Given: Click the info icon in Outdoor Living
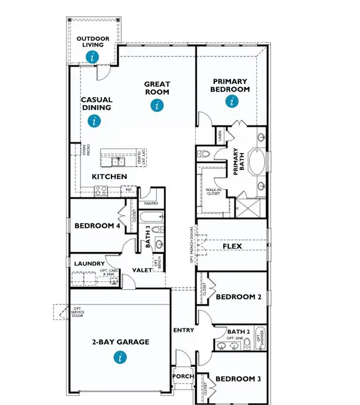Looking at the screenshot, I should coord(93,56).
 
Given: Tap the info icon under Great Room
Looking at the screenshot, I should coord(157,105).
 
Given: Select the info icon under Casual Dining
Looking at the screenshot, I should coord(94,120).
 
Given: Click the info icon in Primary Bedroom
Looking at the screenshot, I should coord(231,101).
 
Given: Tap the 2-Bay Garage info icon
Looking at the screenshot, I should coord(120,357).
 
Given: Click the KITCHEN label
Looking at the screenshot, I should coord(109,177).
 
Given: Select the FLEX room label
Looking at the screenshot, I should coord(232,246).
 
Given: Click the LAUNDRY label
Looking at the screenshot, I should coord(89,263).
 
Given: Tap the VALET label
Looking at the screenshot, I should coord(141,271).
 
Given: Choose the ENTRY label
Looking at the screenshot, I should coord(184,330).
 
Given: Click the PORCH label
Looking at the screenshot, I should coord(183,376).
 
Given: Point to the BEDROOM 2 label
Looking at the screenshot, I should coord(238,297).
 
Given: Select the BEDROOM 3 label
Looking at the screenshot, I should coord(238,379).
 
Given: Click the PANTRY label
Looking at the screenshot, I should coord(151,204).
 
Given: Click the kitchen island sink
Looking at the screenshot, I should coord(118,162).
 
